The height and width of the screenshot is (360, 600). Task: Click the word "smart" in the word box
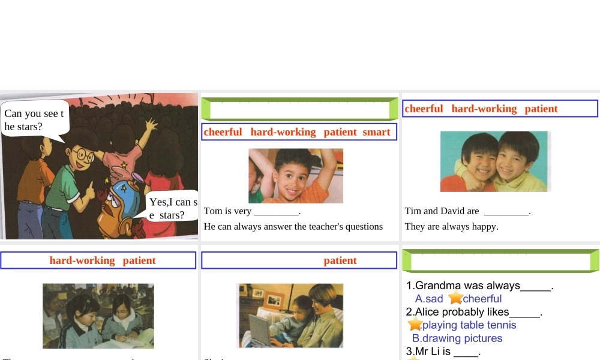[x=376, y=132]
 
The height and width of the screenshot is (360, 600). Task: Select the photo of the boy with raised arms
[x=296, y=176]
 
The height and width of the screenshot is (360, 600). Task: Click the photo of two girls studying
[x=98, y=316]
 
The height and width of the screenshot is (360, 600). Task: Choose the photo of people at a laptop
[x=290, y=316]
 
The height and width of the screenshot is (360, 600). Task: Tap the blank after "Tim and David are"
[x=506, y=212]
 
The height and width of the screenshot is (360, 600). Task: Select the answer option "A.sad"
[x=428, y=299]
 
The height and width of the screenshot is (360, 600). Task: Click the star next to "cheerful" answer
[x=455, y=298]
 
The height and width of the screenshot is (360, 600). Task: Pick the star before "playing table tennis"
[x=414, y=325]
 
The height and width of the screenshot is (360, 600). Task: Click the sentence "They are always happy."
[x=451, y=227]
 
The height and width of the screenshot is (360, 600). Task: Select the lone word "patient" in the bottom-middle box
[x=340, y=260]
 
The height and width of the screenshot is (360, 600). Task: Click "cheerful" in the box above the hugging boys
[x=424, y=109]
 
